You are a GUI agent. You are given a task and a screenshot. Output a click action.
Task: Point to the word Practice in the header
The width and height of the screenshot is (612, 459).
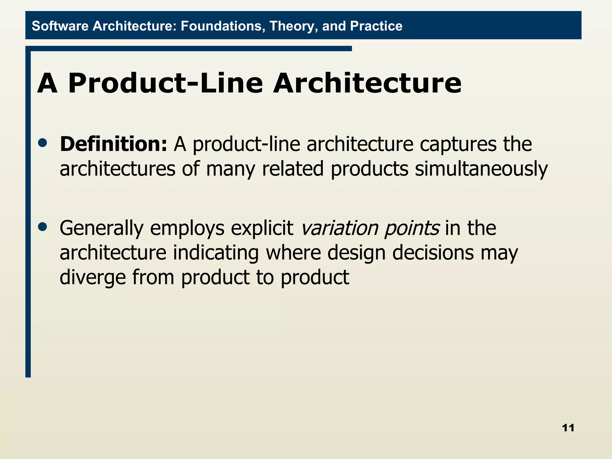[x=376, y=26]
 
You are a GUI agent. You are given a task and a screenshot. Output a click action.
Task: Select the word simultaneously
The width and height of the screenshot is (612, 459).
[x=481, y=169]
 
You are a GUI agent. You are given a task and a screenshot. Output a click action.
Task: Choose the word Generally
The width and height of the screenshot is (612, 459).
[x=102, y=229]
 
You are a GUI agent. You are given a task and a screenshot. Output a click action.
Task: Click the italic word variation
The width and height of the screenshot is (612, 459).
[x=339, y=228]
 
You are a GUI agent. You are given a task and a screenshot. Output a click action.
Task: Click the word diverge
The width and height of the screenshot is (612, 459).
[x=92, y=278]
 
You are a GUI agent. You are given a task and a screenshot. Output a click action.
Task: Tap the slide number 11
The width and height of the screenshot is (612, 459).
[x=568, y=428]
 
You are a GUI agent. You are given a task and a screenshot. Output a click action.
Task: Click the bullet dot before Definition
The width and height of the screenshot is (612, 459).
[x=43, y=143]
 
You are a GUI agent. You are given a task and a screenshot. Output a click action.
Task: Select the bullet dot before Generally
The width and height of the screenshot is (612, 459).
[x=43, y=227]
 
